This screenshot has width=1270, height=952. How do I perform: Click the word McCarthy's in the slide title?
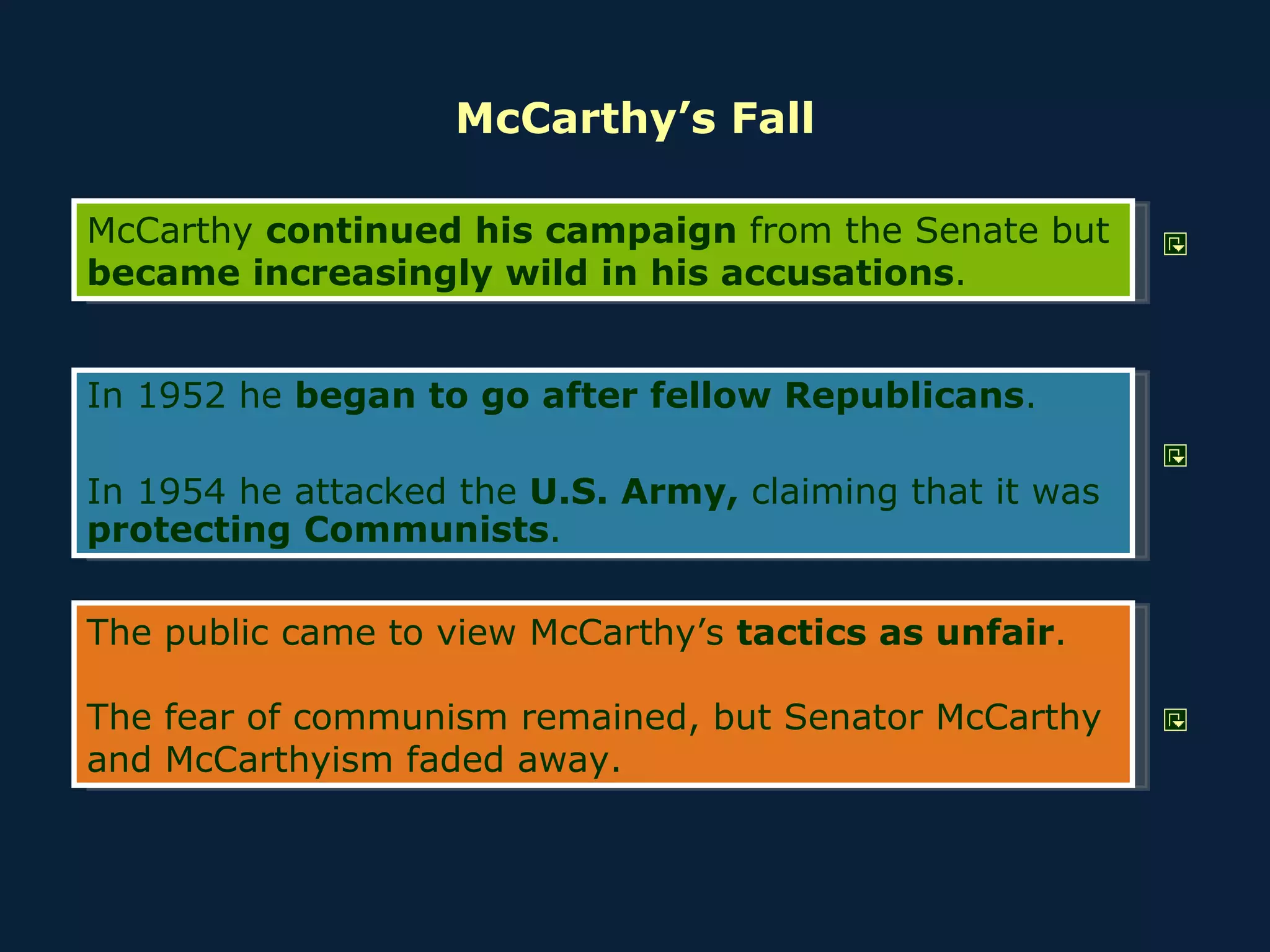(586, 119)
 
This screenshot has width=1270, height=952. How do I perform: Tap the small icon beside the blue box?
(1175, 456)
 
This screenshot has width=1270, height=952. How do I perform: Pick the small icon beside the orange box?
(1175, 720)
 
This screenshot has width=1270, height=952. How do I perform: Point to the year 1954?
(181, 491)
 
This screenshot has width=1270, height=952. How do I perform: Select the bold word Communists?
(427, 530)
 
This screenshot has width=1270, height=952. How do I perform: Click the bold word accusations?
(837, 273)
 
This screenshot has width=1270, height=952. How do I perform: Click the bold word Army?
(679, 493)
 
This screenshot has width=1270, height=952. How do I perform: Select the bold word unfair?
(995, 633)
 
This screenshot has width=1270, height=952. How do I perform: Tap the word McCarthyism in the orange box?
(279, 760)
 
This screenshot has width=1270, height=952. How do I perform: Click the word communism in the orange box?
(400, 717)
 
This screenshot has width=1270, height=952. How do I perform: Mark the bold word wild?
(546, 273)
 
